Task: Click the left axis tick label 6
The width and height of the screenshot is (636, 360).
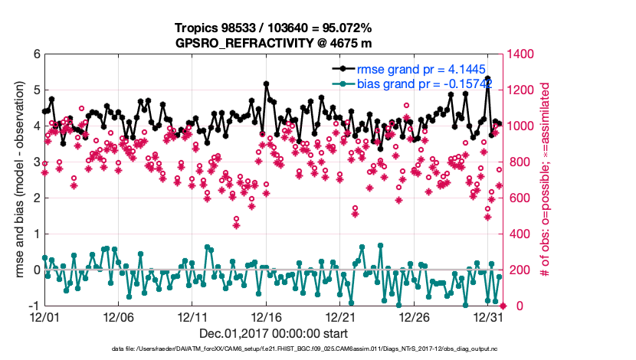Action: tap(36, 54)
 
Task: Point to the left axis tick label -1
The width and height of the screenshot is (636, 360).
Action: tap(34, 306)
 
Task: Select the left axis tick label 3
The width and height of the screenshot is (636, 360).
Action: tap(36, 162)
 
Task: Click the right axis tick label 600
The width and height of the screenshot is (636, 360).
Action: tap(523, 198)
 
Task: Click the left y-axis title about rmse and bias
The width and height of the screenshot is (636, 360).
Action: tap(16, 180)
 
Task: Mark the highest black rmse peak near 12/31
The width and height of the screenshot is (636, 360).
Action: tap(488, 78)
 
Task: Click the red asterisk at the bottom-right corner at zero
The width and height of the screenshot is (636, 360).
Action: tap(503, 305)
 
